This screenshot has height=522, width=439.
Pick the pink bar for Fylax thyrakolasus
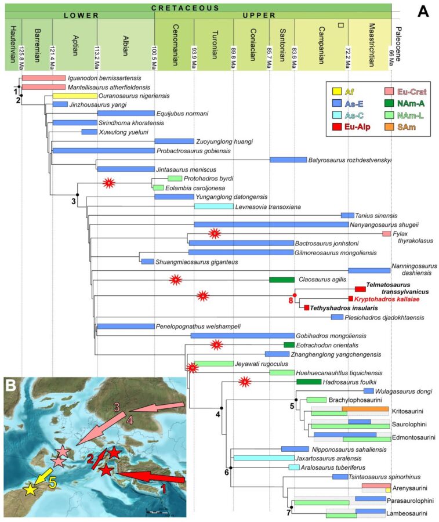click(x=387, y=233)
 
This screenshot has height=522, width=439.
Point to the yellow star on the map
click(x=29, y=490)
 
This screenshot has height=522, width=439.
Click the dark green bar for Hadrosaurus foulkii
click(x=309, y=381)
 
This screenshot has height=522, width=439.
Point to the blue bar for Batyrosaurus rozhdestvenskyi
click(x=288, y=159)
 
